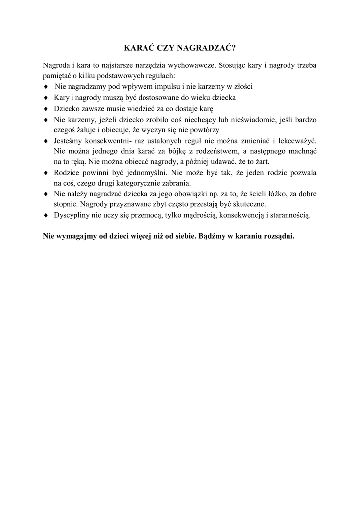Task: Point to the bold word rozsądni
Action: click(x=280, y=236)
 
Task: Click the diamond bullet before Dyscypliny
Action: click(x=45, y=216)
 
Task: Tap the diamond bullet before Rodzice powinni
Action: click(x=45, y=173)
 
